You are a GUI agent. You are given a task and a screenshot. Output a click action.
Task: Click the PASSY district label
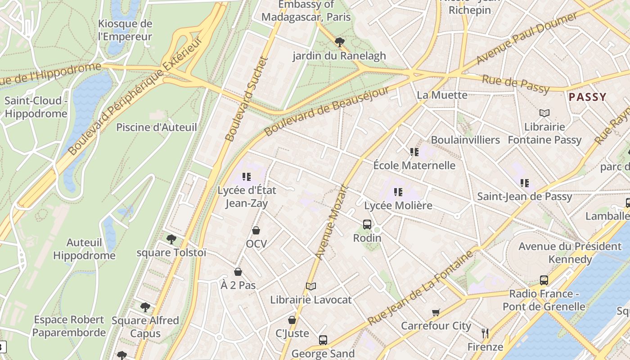tap(587, 97)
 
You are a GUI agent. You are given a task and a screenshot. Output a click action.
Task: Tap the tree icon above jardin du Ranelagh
tap(340, 42)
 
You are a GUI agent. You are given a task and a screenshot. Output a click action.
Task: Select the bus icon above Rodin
tap(367, 224)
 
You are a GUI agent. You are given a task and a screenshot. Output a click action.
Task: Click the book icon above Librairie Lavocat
tap(310, 286)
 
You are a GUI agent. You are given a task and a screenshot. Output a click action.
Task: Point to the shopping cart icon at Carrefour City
tap(436, 312)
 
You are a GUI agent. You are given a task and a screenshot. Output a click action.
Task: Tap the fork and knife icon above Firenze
tap(485, 333)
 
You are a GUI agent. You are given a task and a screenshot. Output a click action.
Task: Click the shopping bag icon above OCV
tap(256, 230)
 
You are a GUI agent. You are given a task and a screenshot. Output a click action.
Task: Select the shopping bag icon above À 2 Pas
tap(238, 272)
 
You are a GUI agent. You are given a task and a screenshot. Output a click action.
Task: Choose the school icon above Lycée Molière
tap(398, 192)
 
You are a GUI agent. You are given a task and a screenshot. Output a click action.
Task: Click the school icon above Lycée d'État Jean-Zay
tap(246, 177)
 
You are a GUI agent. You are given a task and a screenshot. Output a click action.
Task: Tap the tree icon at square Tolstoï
tap(171, 239)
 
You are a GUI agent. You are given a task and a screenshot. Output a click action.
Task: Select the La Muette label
tap(442, 95)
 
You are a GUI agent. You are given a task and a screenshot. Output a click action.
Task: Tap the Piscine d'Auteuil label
tap(157, 127)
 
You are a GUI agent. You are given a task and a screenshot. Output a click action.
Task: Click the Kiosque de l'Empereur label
tap(125, 30)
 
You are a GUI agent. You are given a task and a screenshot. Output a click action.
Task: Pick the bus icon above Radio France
tap(544, 280)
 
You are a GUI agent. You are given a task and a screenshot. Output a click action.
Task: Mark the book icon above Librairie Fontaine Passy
tap(544, 113)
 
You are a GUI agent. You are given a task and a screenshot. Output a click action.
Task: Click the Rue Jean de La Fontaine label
tap(421, 288)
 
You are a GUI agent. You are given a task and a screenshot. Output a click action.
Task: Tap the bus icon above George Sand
tap(323, 340)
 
